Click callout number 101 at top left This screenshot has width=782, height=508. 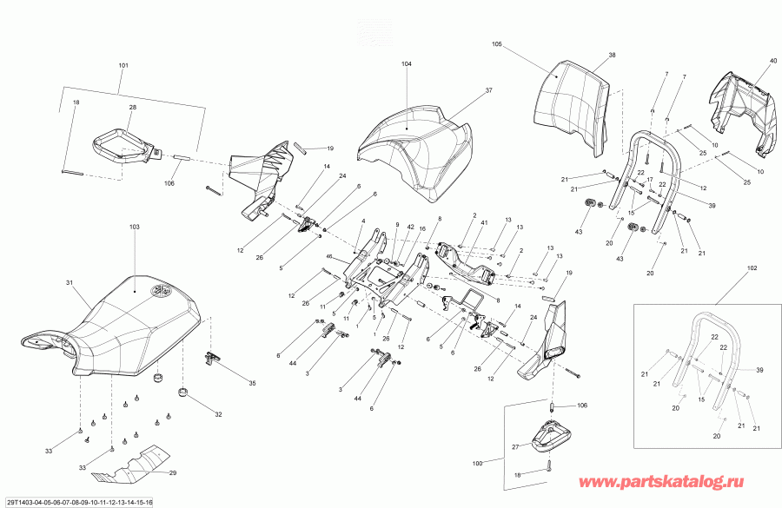tap(123, 66)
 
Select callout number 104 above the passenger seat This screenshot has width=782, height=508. tap(407, 64)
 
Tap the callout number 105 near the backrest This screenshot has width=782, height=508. tap(497, 43)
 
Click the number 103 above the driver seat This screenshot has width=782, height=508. tap(134, 227)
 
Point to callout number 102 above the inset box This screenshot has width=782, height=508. tap(752, 268)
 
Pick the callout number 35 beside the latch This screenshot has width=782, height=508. tap(253, 382)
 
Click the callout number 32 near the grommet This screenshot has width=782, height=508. tap(219, 415)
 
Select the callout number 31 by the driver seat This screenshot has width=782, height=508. tap(70, 282)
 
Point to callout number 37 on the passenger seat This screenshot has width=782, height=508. tap(488, 90)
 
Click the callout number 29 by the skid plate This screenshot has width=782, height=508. tap(172, 473)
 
